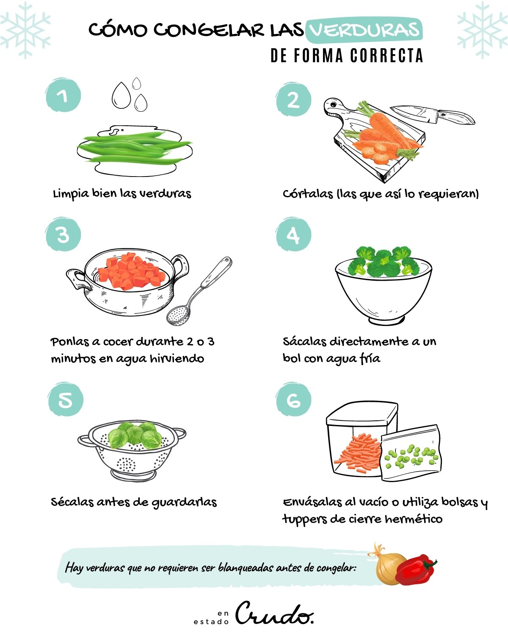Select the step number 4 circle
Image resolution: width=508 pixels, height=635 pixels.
coord(293,235)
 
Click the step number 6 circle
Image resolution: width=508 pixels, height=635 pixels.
coord(293,400)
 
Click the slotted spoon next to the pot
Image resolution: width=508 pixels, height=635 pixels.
coord(199,292)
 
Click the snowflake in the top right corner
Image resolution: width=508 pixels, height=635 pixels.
coord(482,30)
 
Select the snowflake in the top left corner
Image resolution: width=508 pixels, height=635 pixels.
coord(25,30)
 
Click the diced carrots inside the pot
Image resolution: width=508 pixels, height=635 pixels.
coord(131,271)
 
